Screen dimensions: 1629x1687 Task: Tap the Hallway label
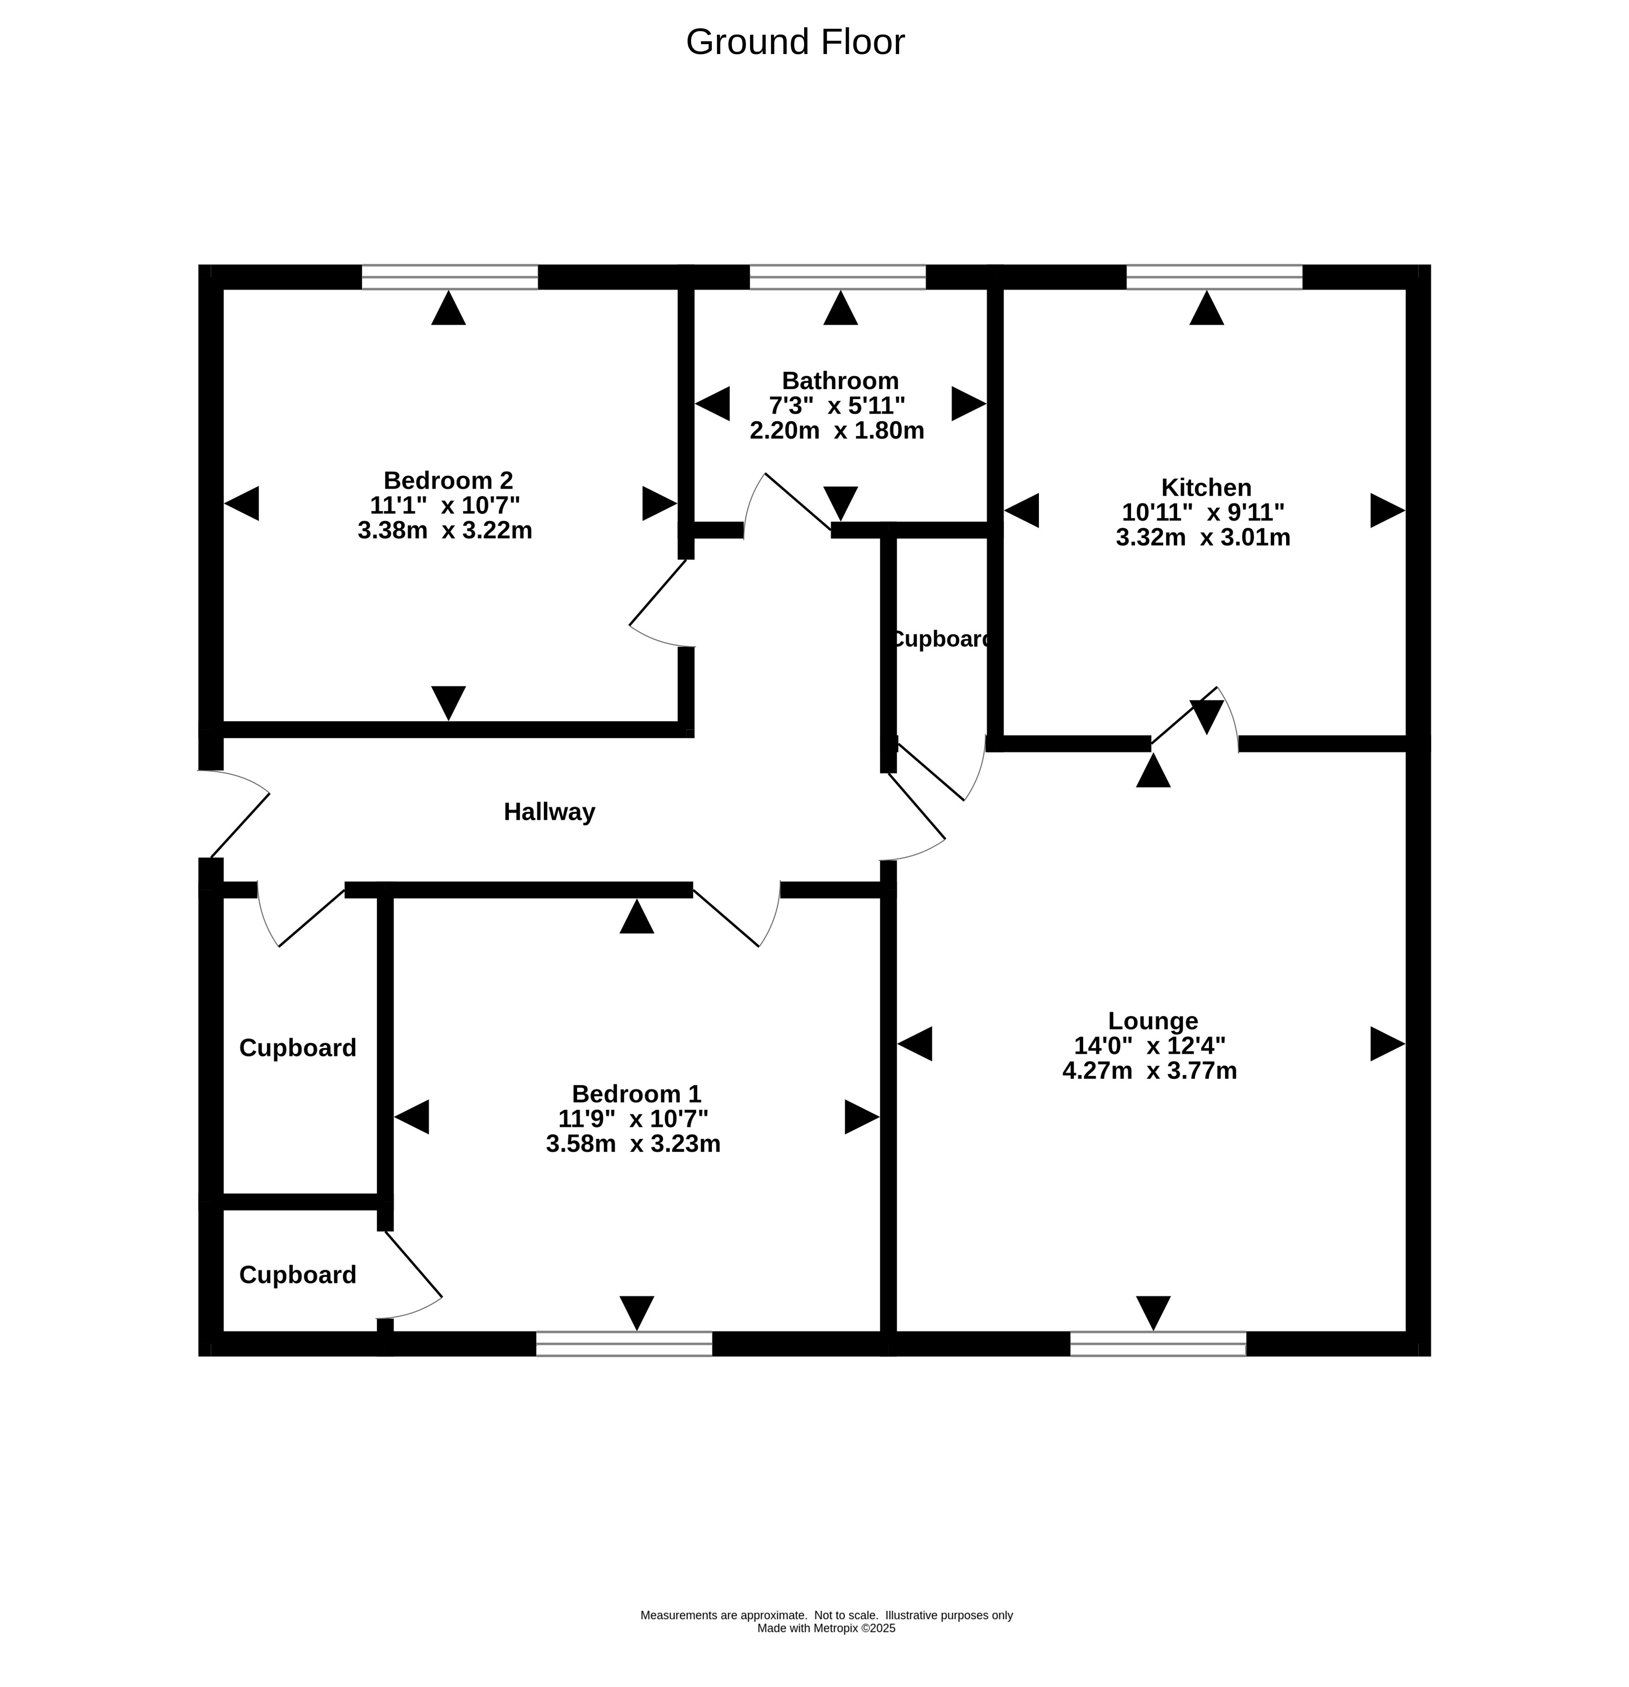[x=549, y=812]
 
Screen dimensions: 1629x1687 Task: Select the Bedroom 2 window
[x=449, y=277]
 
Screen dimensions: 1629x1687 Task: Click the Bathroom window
[x=837, y=277]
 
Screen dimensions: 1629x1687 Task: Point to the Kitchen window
[x=1214, y=277]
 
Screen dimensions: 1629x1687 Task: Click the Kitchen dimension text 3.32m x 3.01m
[x=1203, y=538]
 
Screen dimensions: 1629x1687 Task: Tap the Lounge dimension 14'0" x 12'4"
[x=1150, y=1046]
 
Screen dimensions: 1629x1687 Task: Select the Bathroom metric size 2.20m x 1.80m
[x=836, y=430]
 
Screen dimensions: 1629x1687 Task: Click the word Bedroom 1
[x=636, y=1094]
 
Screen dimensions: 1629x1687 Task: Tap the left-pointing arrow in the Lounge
[x=914, y=1044]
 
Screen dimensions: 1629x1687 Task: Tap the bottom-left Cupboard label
[x=298, y=1275]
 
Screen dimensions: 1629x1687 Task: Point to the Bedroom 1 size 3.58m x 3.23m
[x=633, y=1144]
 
